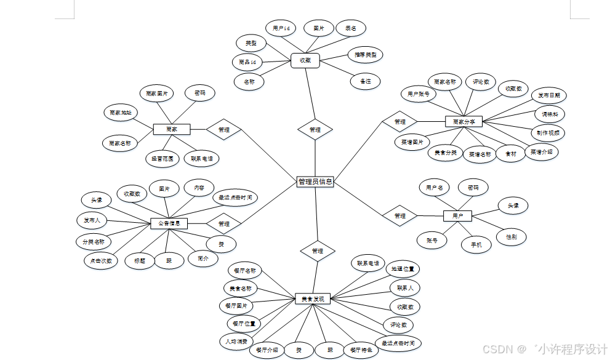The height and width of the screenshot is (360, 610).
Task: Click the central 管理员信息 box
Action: (x=315, y=182)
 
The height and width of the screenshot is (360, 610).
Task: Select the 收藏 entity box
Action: (x=305, y=60)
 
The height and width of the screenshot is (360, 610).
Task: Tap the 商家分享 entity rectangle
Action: (x=463, y=122)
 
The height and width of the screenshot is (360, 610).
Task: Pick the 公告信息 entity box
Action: (x=169, y=223)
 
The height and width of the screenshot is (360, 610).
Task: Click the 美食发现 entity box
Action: (x=313, y=298)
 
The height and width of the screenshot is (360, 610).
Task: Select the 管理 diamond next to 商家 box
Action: (x=223, y=130)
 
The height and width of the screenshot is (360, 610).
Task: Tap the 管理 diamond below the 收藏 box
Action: (x=315, y=130)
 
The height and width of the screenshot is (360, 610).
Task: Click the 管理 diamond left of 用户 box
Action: (x=399, y=216)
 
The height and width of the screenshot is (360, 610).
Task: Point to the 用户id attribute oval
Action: (x=281, y=28)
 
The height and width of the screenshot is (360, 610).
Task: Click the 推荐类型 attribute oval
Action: (x=365, y=55)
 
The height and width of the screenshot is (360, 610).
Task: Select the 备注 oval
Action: (x=365, y=81)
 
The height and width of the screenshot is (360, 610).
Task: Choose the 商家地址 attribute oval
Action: (x=121, y=113)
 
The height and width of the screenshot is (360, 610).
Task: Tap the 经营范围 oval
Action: (x=163, y=158)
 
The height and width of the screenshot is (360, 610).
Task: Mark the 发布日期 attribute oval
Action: (x=548, y=95)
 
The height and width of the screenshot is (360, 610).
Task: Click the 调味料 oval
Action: (x=548, y=114)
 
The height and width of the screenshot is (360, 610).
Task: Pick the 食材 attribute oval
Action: (x=511, y=153)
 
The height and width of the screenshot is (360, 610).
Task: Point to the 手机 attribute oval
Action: (x=476, y=244)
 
